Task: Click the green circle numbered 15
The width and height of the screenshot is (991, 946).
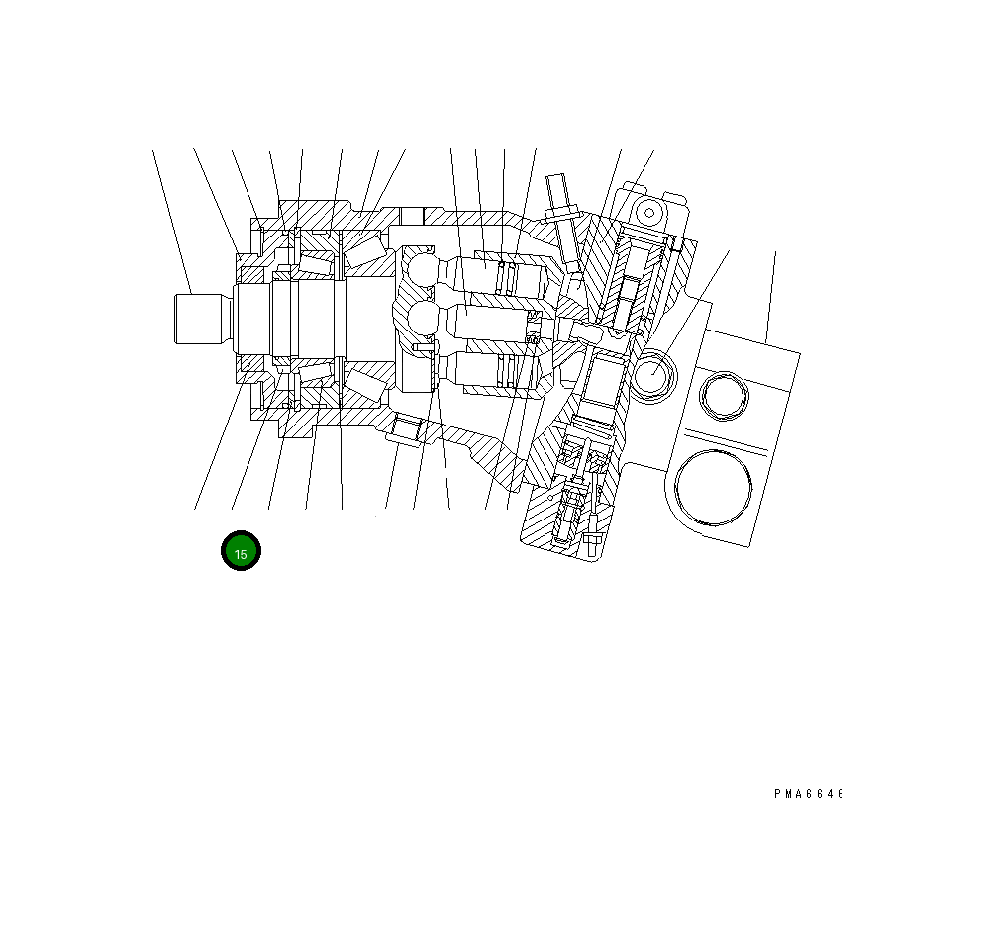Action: tap(241, 550)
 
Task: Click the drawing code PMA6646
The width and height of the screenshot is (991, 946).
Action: tap(809, 794)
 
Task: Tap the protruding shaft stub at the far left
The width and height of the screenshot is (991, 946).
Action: tap(198, 319)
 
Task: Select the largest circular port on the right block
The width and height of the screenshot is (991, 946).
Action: tap(714, 488)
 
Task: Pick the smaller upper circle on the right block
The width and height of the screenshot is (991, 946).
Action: tap(725, 396)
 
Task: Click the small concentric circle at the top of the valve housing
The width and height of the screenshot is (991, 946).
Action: tap(649, 213)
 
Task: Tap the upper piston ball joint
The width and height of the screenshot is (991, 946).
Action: tap(421, 270)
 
